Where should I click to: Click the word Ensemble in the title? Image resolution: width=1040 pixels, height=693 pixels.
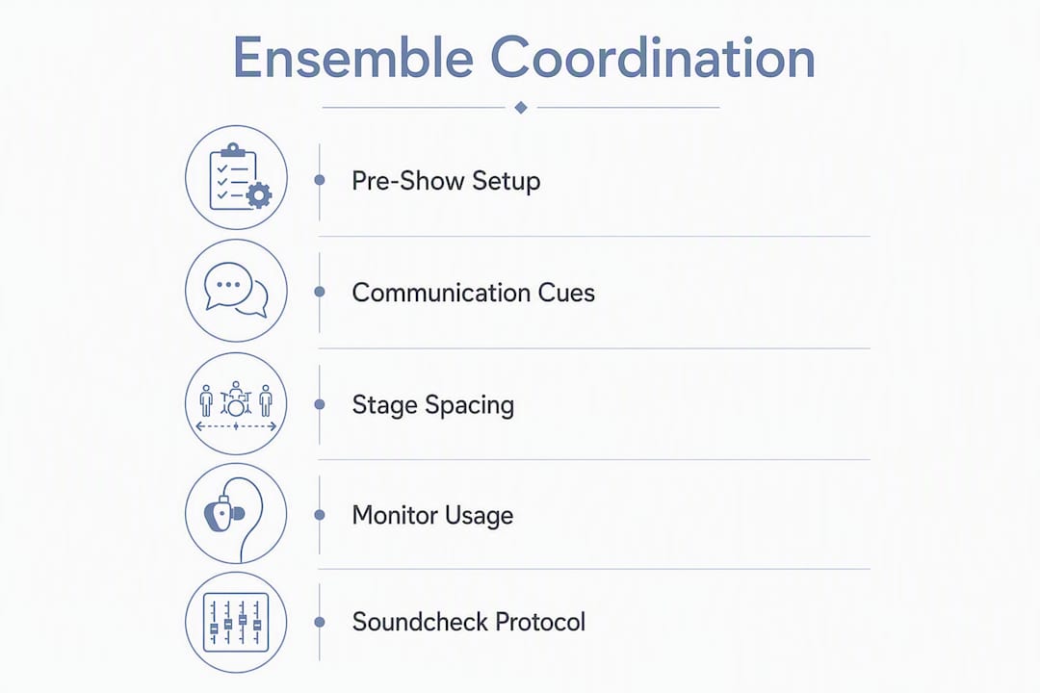tap(352, 58)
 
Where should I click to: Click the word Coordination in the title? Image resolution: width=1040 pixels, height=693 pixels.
tap(653, 58)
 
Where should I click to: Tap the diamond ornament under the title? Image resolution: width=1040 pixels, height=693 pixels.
tap(521, 108)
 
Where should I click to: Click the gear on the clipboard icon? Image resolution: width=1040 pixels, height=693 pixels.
tap(259, 195)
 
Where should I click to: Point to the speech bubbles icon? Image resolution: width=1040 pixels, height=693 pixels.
tap(236, 290)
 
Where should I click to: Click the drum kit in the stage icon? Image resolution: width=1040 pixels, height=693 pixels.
tap(236, 399)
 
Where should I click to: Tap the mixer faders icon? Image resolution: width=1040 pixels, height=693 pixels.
tap(236, 622)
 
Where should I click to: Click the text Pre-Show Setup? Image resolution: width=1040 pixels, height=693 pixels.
tap(446, 181)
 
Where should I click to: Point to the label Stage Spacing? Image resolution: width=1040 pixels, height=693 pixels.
tap(433, 405)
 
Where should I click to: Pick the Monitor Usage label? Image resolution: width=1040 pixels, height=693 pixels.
tap(432, 515)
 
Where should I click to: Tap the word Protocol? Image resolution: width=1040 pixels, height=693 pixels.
tap(540, 622)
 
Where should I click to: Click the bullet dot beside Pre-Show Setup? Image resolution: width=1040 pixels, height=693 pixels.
tap(320, 180)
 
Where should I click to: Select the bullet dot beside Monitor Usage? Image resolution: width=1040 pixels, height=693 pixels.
tap(320, 515)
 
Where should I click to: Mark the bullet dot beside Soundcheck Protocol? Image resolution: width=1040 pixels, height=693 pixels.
tap(320, 622)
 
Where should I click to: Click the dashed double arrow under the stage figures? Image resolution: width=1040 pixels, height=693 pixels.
tap(236, 426)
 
